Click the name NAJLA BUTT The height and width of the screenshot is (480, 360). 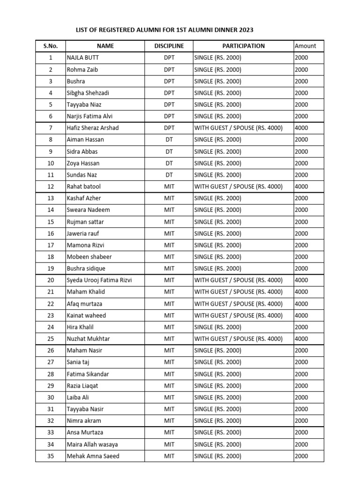click(x=83, y=58)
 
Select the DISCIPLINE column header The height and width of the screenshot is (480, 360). click(x=169, y=46)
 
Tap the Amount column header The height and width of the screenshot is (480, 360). click(x=305, y=46)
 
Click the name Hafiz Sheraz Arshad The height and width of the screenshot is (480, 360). click(x=93, y=128)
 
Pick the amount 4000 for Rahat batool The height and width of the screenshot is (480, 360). click(x=302, y=187)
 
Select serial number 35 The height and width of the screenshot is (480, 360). click(x=51, y=456)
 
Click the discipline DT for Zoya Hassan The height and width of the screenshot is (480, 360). click(x=169, y=163)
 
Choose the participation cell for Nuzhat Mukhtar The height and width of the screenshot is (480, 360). click(x=238, y=338)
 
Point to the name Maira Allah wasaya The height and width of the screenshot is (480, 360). click(x=92, y=444)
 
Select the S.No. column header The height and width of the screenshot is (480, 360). click(x=51, y=46)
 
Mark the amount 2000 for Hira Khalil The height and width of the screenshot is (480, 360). click(x=302, y=327)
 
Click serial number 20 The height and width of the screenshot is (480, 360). click(x=51, y=280)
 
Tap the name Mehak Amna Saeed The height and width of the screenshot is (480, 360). click(x=93, y=456)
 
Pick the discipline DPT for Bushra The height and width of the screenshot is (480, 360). click(x=169, y=81)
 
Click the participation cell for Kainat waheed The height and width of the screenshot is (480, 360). click(x=238, y=315)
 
